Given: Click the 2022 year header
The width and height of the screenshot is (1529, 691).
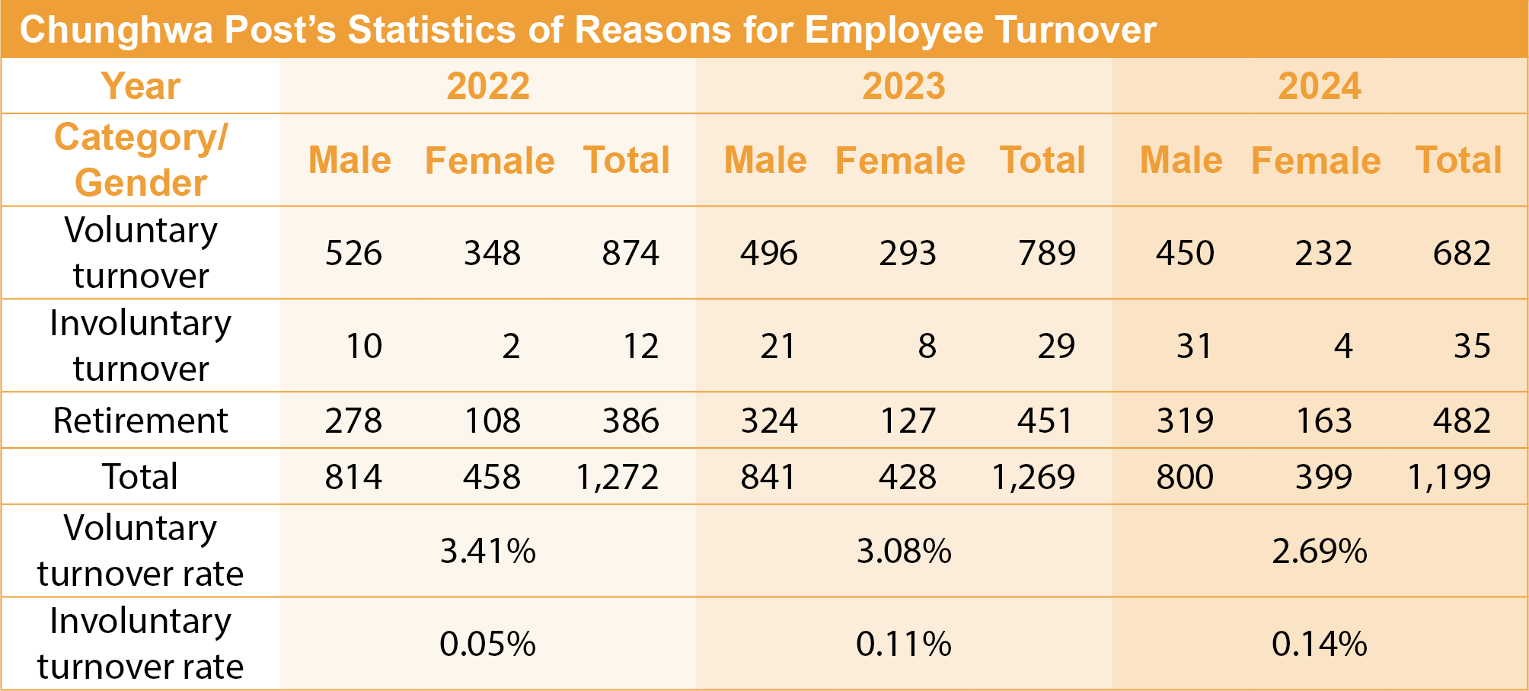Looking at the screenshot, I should pyautogui.click(x=488, y=86).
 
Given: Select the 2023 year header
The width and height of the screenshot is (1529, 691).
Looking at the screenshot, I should pyautogui.click(x=904, y=86).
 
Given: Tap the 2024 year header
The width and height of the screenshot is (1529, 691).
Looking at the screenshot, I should pyautogui.click(x=1320, y=86).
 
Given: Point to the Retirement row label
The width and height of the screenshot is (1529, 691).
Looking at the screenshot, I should pyautogui.click(x=140, y=421).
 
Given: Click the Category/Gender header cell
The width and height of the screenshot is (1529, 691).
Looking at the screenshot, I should pyautogui.click(x=141, y=160).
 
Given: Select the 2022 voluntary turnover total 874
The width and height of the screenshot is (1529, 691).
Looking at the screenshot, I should pyautogui.click(x=630, y=253).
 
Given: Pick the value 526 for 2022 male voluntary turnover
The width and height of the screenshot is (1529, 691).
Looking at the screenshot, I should pyautogui.click(x=353, y=253).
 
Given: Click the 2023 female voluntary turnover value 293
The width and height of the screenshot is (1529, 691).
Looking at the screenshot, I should pyautogui.click(x=908, y=253).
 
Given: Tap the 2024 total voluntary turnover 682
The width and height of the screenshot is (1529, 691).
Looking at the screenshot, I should pyautogui.click(x=1462, y=253).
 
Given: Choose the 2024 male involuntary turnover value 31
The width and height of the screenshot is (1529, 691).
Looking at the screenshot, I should pyautogui.click(x=1193, y=346).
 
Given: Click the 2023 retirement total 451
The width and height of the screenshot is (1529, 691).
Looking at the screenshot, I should pyautogui.click(x=1045, y=421).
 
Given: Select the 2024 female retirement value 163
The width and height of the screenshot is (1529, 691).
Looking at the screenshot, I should pyautogui.click(x=1324, y=421).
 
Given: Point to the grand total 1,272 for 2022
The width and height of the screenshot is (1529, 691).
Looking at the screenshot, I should pyautogui.click(x=618, y=477).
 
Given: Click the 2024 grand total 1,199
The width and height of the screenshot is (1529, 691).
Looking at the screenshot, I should pyautogui.click(x=1449, y=477).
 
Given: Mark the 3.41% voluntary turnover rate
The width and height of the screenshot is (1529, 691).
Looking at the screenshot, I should pyautogui.click(x=488, y=551).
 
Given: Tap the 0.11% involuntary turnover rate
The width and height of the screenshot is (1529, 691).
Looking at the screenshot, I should pyautogui.click(x=904, y=645).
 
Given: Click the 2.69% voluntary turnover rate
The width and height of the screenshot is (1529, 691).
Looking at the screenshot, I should pyautogui.click(x=1320, y=551).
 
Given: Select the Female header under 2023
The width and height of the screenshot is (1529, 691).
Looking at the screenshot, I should pyautogui.click(x=900, y=161).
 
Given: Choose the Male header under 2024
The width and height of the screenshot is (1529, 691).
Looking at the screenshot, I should pyautogui.click(x=1181, y=161).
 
